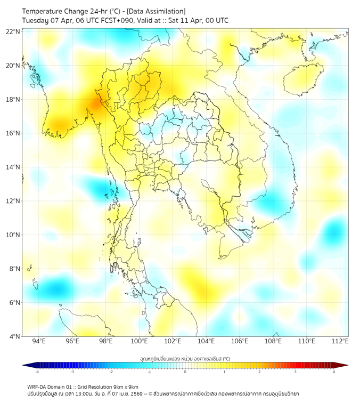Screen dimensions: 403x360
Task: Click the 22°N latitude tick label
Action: (13, 31)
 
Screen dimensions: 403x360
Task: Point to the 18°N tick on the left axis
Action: (13, 99)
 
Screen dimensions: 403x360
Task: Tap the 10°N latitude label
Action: (13, 235)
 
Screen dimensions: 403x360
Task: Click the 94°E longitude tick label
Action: (38, 341)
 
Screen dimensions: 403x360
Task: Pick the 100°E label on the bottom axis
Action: (139, 341)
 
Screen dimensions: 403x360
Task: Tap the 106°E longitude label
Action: (240, 341)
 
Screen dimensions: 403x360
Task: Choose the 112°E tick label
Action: (340, 341)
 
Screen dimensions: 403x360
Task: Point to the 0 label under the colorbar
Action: (185, 372)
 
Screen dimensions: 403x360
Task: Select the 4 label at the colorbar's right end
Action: (334, 372)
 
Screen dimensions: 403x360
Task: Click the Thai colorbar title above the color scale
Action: (184, 358)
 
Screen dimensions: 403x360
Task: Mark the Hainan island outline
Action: (304, 80)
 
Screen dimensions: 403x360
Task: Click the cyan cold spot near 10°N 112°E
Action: (334, 230)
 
